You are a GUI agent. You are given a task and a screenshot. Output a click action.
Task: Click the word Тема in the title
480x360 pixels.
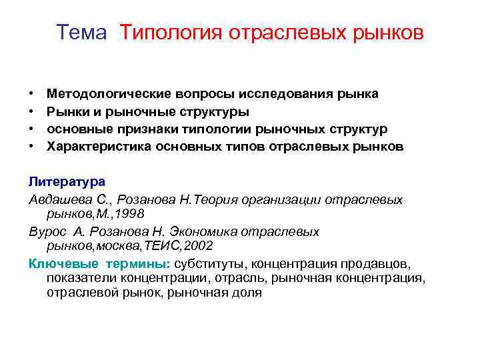pyautogui.click(x=81, y=33)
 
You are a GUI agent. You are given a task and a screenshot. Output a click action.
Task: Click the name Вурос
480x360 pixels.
pyautogui.click(x=46, y=231)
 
